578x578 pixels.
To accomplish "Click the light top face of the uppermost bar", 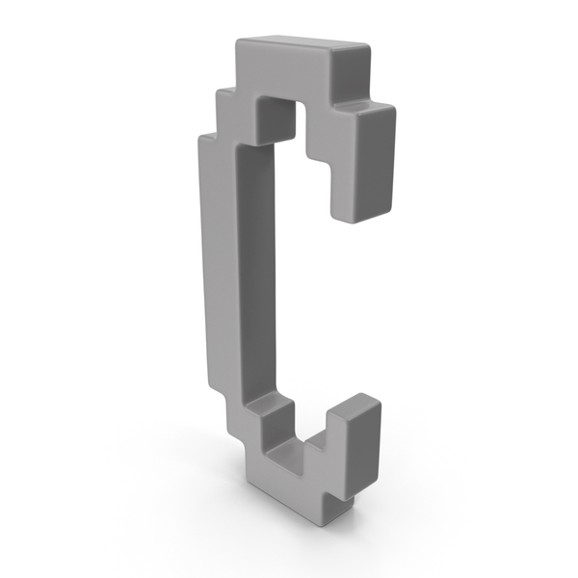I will [x=289, y=45].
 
